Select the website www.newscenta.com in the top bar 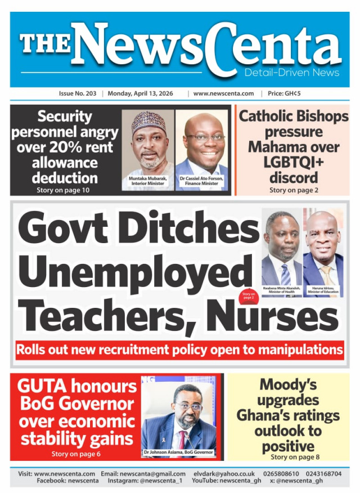click(223, 93)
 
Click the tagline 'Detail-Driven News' click(291, 73)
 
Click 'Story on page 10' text click(65, 190)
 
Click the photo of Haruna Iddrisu click(323, 248)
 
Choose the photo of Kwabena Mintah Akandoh click(282, 248)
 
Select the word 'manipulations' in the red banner click(300, 350)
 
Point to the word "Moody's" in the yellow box click(288, 386)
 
